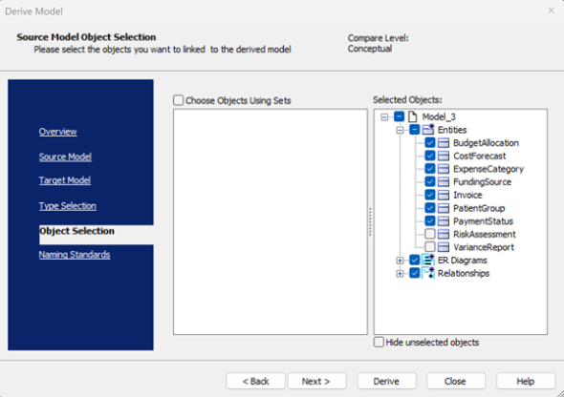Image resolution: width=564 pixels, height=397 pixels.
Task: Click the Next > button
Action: tap(316, 381)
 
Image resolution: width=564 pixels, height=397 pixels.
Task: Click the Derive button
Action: tap(386, 381)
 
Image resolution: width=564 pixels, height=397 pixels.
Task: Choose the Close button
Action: tap(456, 381)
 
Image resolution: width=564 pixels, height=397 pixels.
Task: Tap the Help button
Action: tap(526, 381)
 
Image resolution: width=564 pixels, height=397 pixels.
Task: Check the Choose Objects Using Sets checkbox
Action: tap(179, 100)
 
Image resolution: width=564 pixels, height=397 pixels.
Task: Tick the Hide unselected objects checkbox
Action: tap(379, 342)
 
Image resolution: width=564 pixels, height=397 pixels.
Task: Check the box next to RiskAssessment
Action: tap(430, 234)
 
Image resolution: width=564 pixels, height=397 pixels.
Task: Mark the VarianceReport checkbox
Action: tap(430, 247)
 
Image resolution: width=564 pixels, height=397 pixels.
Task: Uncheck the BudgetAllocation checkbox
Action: tap(430, 143)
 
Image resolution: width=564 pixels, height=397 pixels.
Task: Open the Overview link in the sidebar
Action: tap(58, 132)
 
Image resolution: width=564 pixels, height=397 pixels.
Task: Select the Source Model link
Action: tap(65, 157)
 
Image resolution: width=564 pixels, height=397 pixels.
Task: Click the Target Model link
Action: tap(65, 180)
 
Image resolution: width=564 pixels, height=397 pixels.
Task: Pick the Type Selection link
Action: tap(68, 206)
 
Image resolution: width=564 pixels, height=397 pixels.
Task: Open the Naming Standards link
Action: tap(75, 255)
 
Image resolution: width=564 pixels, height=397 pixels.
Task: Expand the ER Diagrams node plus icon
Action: tap(400, 261)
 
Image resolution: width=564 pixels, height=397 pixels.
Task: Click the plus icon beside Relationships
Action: tap(400, 274)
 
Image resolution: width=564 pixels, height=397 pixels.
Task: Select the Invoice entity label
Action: tap(467, 195)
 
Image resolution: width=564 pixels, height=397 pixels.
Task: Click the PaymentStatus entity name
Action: tap(483, 221)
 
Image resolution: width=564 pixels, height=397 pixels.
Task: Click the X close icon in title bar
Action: tap(551, 10)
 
